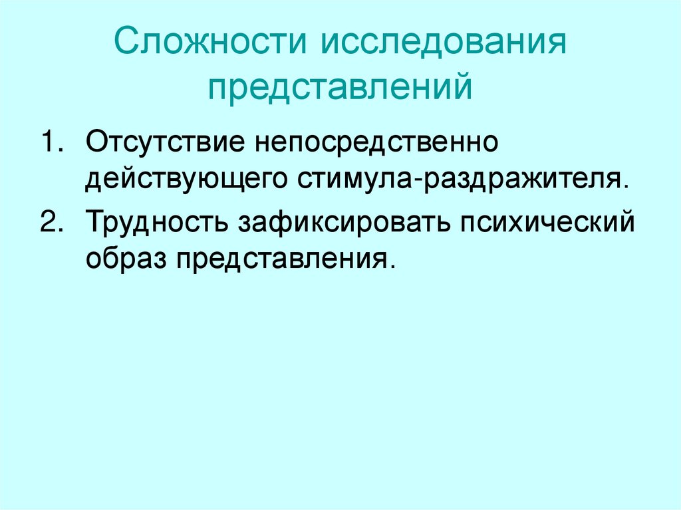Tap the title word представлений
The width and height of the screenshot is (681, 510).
[x=340, y=86]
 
